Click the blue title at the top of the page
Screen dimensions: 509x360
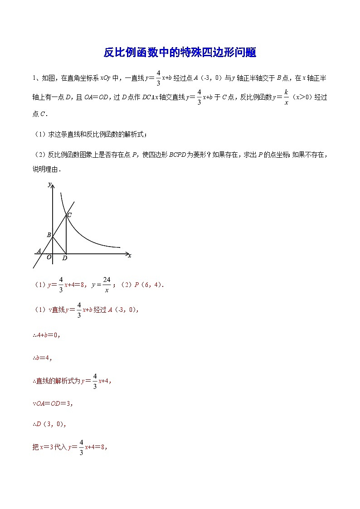point(180,53)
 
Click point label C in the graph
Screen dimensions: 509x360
point(69,215)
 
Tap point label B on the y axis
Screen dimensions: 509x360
point(49,235)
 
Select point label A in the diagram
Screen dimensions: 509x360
point(39,251)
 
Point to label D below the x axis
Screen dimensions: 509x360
point(65,258)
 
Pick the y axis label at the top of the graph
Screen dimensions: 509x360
point(49,184)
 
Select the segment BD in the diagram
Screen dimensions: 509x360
point(59,245)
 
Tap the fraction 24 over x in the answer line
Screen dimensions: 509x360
point(107,285)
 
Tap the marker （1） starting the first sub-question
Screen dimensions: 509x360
point(39,134)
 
